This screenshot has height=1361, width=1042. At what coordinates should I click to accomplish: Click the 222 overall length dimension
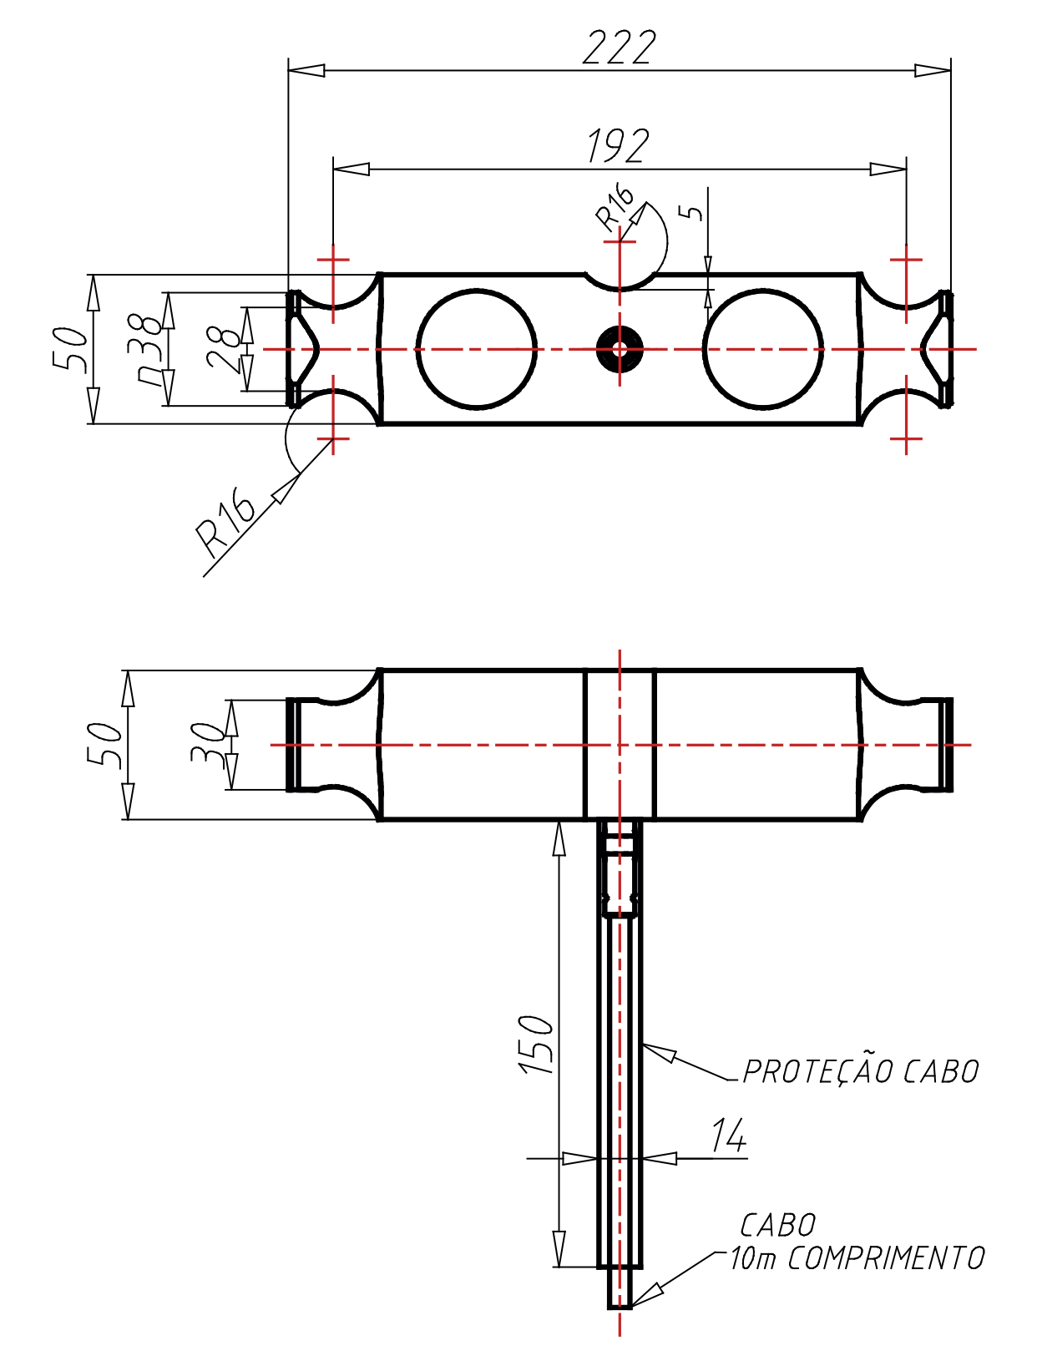pyautogui.click(x=619, y=48)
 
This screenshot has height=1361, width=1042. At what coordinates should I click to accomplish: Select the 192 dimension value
pyautogui.click(x=618, y=146)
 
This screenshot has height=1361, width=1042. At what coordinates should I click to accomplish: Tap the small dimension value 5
pyautogui.click(x=692, y=211)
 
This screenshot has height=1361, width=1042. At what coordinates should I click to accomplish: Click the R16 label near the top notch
pyautogui.click(x=615, y=207)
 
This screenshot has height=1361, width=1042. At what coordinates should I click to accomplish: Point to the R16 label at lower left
pyautogui.click(x=225, y=522)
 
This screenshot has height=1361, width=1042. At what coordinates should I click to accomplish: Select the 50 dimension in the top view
pyautogui.click(x=70, y=349)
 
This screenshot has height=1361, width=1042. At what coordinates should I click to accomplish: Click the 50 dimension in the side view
pyautogui.click(x=105, y=744)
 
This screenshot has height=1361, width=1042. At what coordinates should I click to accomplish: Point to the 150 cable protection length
pyautogui.click(x=536, y=1044)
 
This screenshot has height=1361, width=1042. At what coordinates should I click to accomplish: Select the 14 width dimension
pyautogui.click(x=728, y=1136)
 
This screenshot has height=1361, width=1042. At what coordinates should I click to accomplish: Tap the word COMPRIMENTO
pyautogui.click(x=886, y=1258)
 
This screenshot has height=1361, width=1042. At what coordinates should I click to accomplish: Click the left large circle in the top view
pyautogui.click(x=477, y=349)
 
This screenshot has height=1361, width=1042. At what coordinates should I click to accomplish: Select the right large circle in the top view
pyautogui.click(x=763, y=349)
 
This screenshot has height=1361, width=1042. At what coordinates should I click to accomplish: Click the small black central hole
pyautogui.click(x=620, y=349)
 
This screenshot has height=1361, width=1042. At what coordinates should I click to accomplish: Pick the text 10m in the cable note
pyautogui.click(x=753, y=1258)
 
